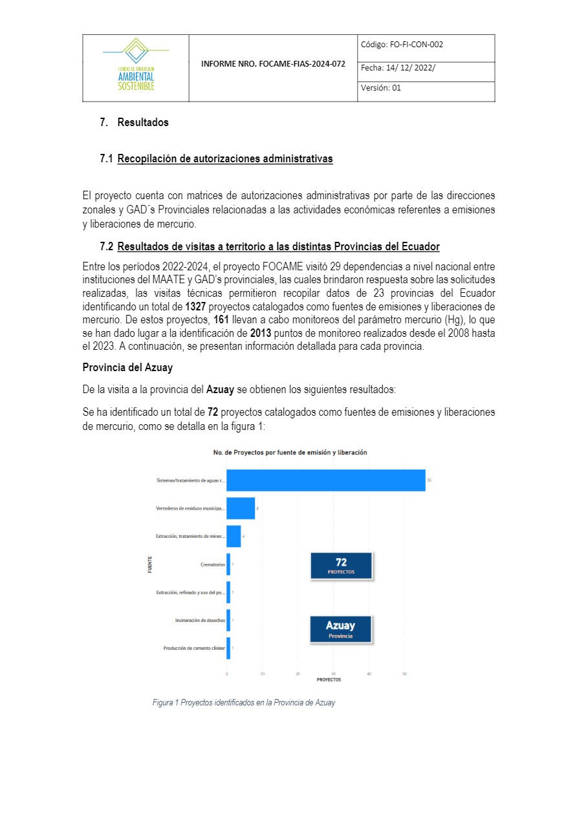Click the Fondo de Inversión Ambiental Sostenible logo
point(136,66)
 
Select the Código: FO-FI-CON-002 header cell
point(426,45)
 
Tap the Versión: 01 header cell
point(426,89)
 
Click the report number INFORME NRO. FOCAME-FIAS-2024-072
point(273,65)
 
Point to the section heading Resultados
point(142,122)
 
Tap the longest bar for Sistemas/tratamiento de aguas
point(325,480)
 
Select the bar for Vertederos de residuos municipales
point(241,508)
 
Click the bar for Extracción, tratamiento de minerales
point(234,536)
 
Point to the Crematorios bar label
point(213,564)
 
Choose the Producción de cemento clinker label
point(194,648)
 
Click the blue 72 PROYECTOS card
point(341,565)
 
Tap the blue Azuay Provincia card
point(340,628)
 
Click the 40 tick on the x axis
point(369,674)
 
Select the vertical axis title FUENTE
point(150,564)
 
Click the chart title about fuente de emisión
point(290,452)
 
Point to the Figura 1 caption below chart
point(244,702)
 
